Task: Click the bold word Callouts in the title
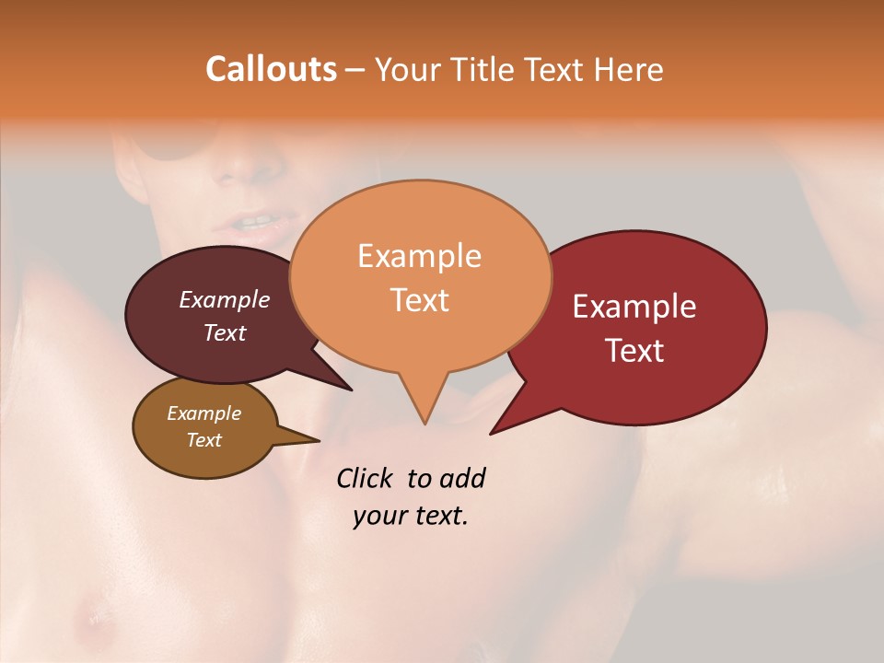tap(271, 69)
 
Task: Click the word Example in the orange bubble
tap(419, 256)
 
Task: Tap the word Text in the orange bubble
tap(419, 300)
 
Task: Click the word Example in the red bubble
tap(634, 307)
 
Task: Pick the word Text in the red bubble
tap(634, 351)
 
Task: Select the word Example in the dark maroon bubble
tap(224, 299)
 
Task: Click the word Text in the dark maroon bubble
tap(224, 332)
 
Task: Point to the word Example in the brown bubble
tap(204, 413)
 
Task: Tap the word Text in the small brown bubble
tap(204, 440)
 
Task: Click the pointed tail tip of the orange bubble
tap(425, 424)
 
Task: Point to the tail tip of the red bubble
tap(491, 434)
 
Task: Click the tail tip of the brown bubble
tap(319, 441)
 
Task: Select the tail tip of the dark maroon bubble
tap(352, 390)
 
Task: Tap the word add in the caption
tap(461, 478)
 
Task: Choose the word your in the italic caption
tap(378, 516)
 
